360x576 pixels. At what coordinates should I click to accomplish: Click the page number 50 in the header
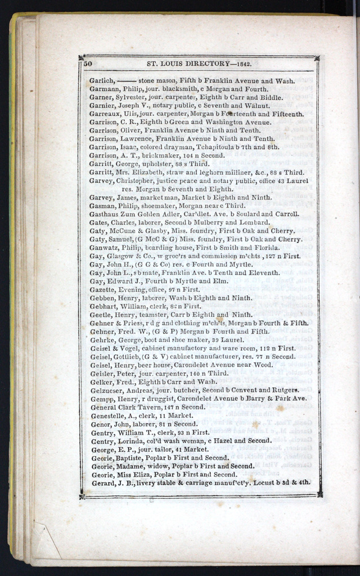click(87, 64)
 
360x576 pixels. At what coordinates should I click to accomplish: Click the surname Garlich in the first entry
click(102, 80)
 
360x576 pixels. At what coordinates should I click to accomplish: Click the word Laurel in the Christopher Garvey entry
click(298, 181)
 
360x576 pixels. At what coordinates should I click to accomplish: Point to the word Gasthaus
click(105, 214)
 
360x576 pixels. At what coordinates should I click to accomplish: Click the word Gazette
click(103, 289)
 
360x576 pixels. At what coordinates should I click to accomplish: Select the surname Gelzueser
click(107, 390)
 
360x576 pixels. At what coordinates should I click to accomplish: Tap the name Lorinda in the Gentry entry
click(130, 440)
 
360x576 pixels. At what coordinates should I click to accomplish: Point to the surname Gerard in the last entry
click(102, 482)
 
